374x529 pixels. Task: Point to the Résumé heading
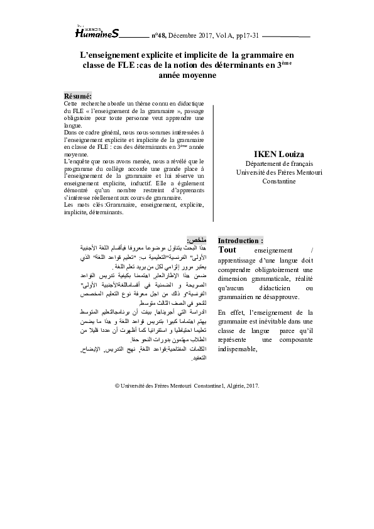point(78,95)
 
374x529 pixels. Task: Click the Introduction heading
point(240,241)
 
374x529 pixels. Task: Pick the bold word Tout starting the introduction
point(227,249)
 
